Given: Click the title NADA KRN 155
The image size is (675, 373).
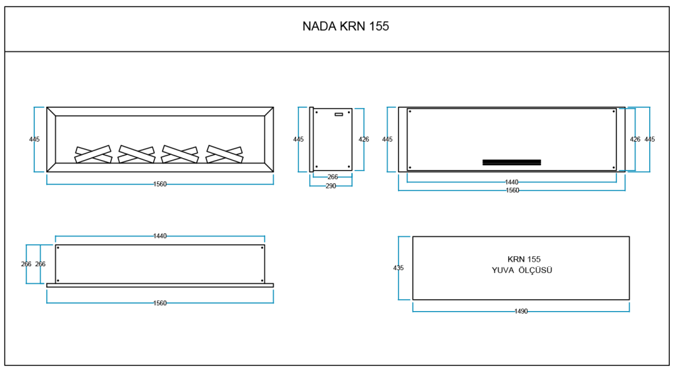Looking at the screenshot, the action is pos(345,26).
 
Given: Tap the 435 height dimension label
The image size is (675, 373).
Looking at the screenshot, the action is pos(398,268).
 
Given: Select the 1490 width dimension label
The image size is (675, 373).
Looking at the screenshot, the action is pos(521,311).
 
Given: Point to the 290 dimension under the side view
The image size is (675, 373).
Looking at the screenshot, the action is pos(331,186).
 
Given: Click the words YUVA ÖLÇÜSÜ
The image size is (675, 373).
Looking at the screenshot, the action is pos(522,270).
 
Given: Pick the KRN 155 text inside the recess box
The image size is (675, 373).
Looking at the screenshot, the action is pos(524,260).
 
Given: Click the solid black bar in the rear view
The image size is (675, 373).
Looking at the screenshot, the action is pos(512,162).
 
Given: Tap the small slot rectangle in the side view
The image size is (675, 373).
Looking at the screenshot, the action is pos(339,115).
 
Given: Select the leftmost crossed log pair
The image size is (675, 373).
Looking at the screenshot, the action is pos(94,154).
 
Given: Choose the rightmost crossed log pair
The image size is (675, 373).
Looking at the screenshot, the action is pos(224,154).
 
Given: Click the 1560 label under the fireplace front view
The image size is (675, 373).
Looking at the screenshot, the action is pos(160,184).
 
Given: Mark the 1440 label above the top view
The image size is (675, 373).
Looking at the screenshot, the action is pos(160,236).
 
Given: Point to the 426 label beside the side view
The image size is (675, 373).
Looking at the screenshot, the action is pos(364,140).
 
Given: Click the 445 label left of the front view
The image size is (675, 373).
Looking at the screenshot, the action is pos(34,140).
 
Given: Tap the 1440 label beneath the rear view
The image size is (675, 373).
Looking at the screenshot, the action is pos(512,182).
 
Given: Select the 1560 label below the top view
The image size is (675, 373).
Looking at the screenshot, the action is pos(160,303).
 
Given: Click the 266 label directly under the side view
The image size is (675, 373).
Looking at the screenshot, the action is pos(333,177).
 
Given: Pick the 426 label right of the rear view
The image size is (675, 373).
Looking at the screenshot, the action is pos(635,140).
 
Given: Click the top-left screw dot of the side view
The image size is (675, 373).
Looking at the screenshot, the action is pos(316,113).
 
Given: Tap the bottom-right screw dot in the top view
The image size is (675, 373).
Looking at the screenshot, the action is pos(262,281).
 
